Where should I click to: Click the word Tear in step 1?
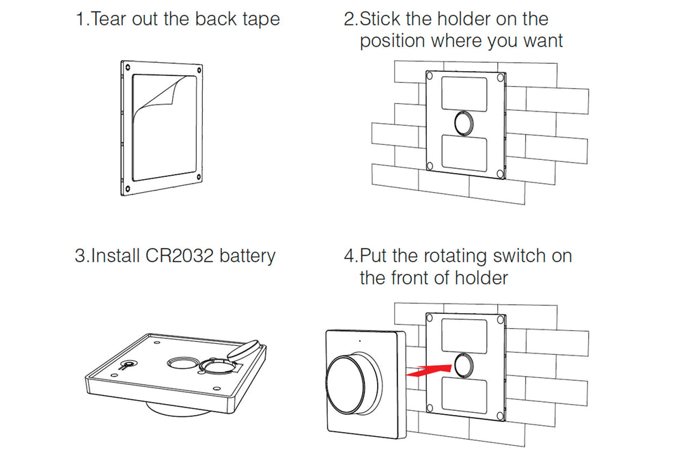click(109, 18)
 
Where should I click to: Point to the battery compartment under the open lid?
click(217, 364)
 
